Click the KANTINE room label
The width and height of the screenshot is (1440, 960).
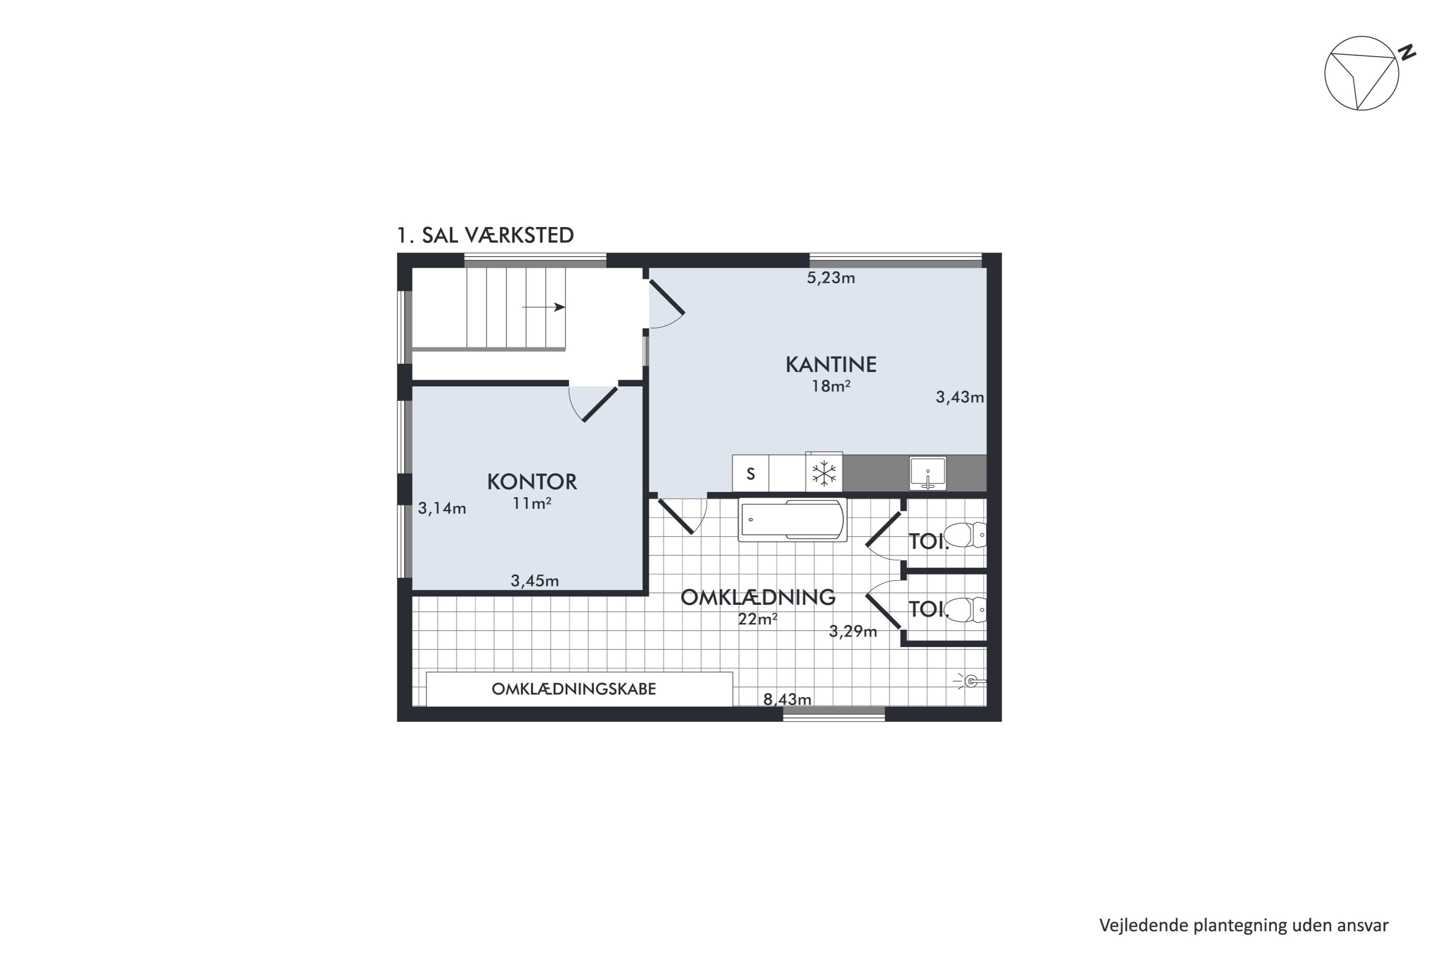coord(831,365)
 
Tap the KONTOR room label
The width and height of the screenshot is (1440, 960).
coord(532,482)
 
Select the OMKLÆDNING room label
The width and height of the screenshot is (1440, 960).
coord(758,598)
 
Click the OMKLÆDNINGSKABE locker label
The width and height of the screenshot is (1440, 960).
coord(574,689)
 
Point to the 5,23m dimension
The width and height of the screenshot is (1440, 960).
coord(831,278)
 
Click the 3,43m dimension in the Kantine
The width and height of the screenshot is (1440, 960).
coord(960,398)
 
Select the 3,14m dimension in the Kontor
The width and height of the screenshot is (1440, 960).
coord(442,508)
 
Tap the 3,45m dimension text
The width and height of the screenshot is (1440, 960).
coord(535,581)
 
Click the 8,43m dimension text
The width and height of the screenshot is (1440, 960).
coord(787,699)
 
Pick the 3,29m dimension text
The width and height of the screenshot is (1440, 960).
coord(853,631)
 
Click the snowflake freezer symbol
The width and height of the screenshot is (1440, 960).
coord(824,473)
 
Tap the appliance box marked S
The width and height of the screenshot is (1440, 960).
coord(751,473)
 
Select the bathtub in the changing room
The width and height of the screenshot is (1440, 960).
coord(792,520)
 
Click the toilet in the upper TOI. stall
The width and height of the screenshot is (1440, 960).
coord(965,535)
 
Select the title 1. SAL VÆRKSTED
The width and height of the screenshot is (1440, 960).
coord(485,236)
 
